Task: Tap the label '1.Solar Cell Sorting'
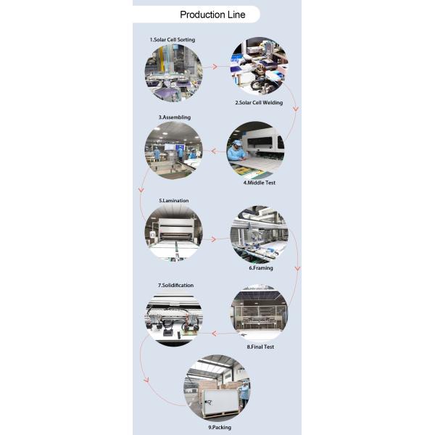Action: [173, 40]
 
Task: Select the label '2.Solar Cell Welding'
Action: [259, 103]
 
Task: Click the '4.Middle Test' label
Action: [259, 183]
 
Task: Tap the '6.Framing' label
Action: [261, 268]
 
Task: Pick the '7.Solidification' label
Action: [175, 285]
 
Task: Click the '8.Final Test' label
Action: [260, 347]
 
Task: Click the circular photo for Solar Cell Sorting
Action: [173, 72]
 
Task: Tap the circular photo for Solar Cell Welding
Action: [259, 67]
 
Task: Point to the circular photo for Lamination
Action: [173, 233]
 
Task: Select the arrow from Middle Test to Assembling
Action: [215, 152]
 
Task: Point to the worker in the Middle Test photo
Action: [236, 152]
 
